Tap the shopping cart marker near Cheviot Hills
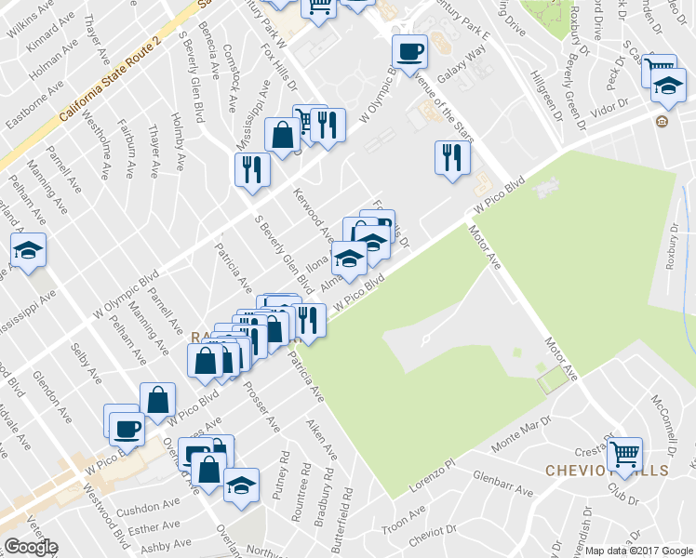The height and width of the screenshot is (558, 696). point(624,453)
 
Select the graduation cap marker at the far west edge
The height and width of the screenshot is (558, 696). point(29,249)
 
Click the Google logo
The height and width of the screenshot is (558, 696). point(31,547)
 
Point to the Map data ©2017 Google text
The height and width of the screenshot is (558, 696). point(639,551)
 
